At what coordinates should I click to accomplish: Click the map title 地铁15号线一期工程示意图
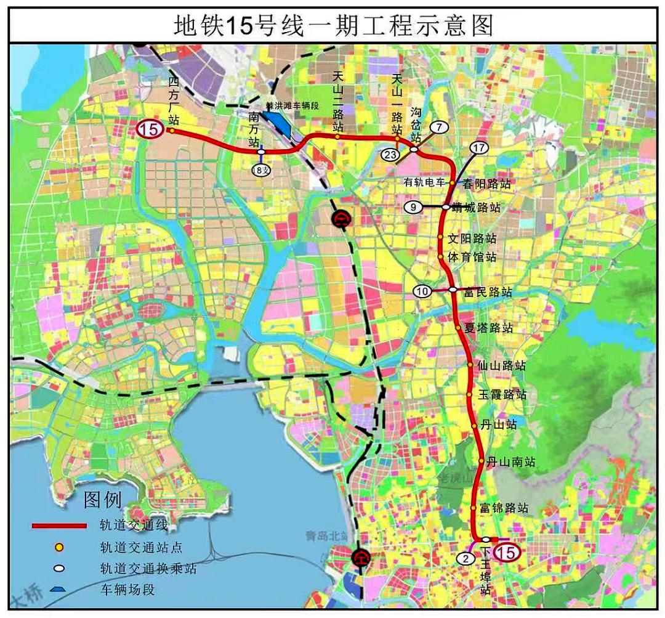pos(332,25)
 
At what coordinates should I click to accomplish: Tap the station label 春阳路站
pos(487,184)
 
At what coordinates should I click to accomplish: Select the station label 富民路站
pos(488,292)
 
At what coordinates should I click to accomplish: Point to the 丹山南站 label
pos(510,461)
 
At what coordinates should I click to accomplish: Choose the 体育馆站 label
pos(472,257)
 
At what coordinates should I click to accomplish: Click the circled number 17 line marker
pos(479,148)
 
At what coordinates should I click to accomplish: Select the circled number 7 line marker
pos(438,127)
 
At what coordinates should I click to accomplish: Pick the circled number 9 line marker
pos(413,208)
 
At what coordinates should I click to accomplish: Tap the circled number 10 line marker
pos(422,291)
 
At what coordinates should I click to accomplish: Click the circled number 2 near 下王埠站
pos(466,559)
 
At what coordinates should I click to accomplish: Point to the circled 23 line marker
pos(390,155)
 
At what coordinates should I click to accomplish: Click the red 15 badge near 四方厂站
pos(150,129)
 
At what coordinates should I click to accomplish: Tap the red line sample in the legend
pos(59,526)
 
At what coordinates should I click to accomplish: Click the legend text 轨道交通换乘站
pos(148,568)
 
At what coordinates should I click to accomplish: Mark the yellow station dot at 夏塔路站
pos(459,328)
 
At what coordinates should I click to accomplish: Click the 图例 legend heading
pos(103,500)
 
